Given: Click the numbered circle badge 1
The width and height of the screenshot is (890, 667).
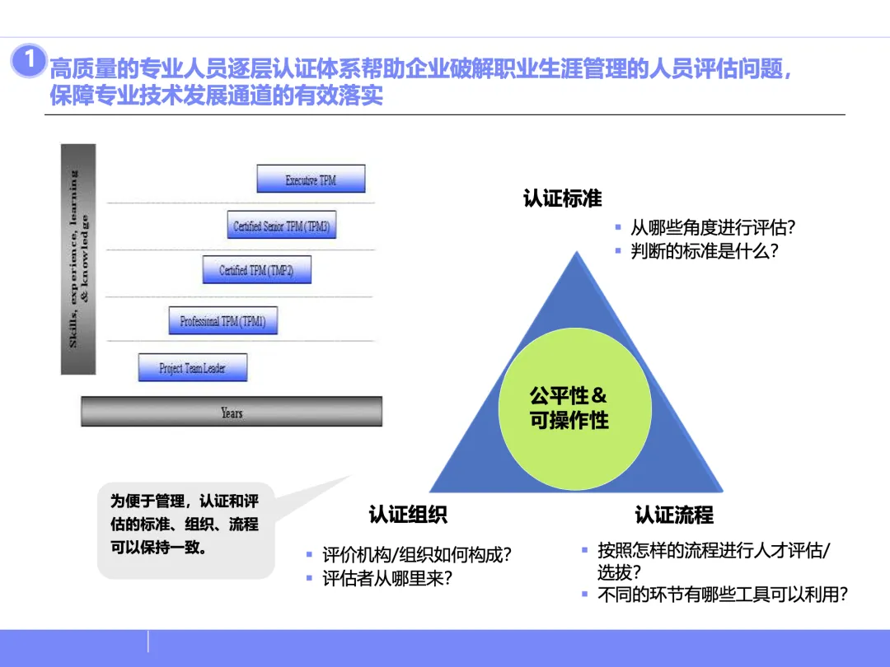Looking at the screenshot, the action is pyautogui.click(x=29, y=61).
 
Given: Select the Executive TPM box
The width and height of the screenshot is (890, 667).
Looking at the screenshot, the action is pyautogui.click(x=311, y=180).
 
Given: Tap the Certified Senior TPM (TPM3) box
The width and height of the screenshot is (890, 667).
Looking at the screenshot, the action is pyautogui.click(x=283, y=226).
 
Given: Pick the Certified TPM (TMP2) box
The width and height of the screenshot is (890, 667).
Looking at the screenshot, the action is pyautogui.click(x=257, y=270).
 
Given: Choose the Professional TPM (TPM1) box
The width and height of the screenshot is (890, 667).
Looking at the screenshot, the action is pyautogui.click(x=222, y=321).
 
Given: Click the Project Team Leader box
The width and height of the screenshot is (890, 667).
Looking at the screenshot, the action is pyautogui.click(x=192, y=367).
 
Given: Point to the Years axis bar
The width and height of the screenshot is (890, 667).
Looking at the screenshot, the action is pyautogui.click(x=232, y=412).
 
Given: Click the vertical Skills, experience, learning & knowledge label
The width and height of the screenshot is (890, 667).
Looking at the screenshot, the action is pyautogui.click(x=79, y=259).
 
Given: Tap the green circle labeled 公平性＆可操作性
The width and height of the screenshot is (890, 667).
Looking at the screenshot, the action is pyautogui.click(x=569, y=408).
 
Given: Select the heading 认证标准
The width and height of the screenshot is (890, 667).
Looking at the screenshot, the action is pyautogui.click(x=563, y=198).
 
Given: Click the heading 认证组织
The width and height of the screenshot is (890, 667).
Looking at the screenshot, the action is pyautogui.click(x=408, y=515).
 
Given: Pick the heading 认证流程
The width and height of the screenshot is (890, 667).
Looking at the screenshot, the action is pyautogui.click(x=674, y=515).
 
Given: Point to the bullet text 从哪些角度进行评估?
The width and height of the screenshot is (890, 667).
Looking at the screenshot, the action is pyautogui.click(x=713, y=228).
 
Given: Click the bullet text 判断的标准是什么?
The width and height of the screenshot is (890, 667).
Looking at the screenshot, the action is pyautogui.click(x=705, y=251).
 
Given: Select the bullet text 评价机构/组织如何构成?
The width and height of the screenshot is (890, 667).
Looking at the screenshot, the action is pyautogui.click(x=417, y=554).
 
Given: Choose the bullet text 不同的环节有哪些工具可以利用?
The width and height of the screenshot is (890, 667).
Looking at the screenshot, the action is pyautogui.click(x=722, y=595).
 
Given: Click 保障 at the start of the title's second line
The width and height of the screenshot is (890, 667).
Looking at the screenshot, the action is pyautogui.click(x=67, y=96).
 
